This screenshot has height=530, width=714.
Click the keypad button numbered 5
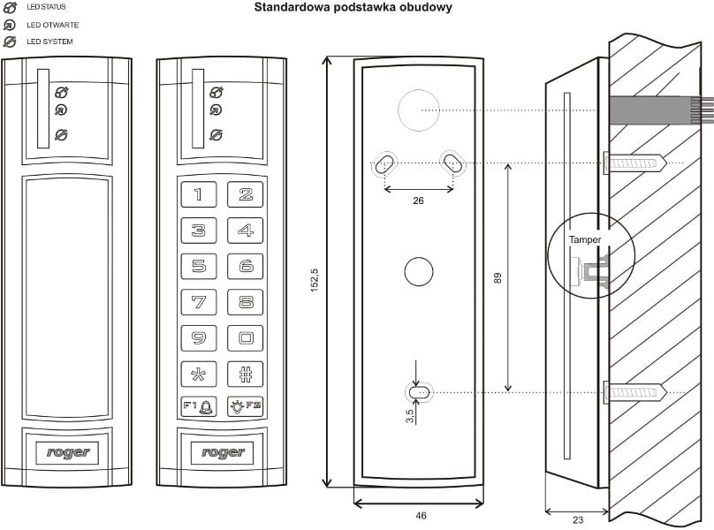pos(199,266)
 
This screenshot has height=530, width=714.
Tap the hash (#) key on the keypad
pos(246,373)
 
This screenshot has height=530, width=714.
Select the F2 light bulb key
pos(246,407)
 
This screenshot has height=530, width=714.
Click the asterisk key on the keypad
pos(199,373)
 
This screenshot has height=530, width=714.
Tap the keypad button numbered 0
pos(246,337)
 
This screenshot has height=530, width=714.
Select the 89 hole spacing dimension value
pos(498,277)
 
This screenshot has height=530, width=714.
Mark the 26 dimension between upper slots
pos(419,201)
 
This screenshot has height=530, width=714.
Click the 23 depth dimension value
pos(577,521)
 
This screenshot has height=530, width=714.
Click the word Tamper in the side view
pos(585,239)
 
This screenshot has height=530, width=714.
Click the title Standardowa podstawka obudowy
pos(353,8)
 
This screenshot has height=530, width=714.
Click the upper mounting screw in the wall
pos(634,163)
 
